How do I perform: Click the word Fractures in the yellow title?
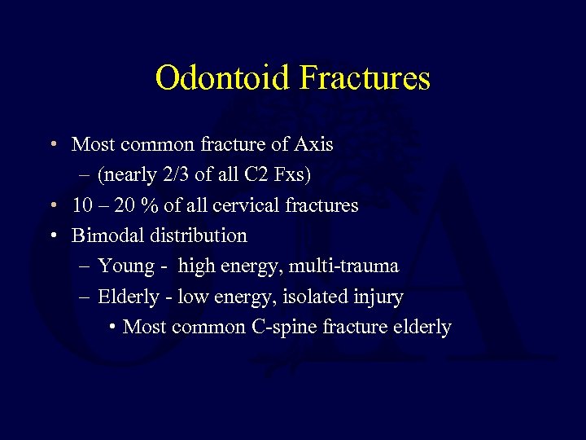(365, 78)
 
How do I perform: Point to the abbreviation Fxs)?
(291, 174)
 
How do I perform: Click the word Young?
(126, 266)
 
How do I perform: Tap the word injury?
(379, 297)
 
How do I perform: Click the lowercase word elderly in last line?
(421, 327)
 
